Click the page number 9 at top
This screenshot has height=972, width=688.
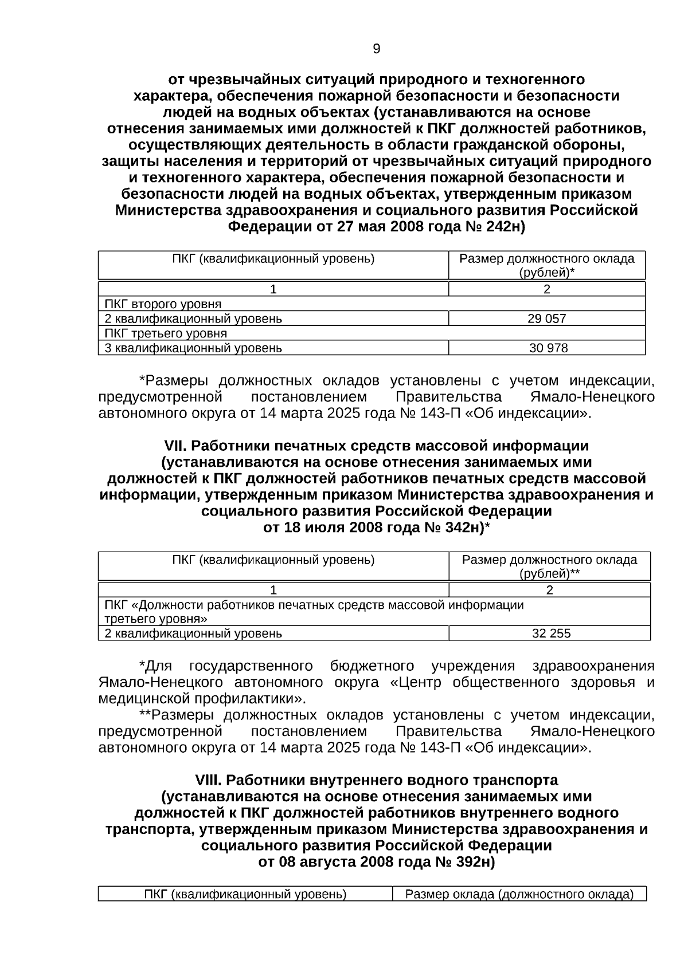[376, 49]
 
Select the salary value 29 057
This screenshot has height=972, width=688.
[546, 319]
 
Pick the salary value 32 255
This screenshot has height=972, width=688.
[551, 633]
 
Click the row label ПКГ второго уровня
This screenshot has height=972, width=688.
[163, 304]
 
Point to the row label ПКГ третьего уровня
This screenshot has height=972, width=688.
[166, 333]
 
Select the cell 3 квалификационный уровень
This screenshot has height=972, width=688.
[193, 348]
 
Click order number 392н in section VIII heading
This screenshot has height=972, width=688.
[473, 862]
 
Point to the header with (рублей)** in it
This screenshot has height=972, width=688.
[549, 566]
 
